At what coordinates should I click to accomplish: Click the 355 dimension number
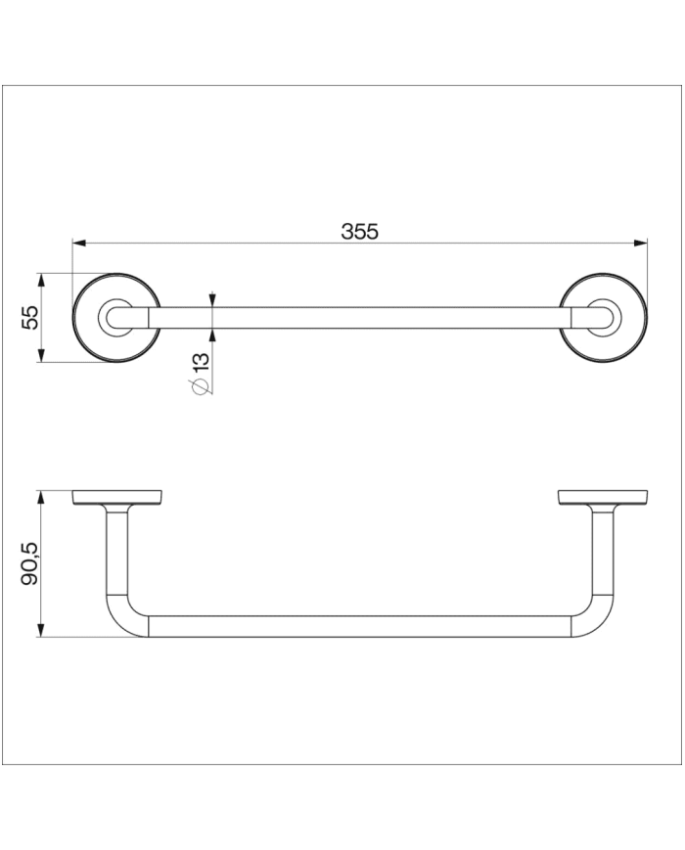pos(359,232)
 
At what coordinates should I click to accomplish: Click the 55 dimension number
pos(30,317)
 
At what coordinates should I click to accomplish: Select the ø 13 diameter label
pos(202,373)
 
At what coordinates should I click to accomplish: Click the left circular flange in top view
pos(116,317)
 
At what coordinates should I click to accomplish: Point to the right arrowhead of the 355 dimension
pos(642,244)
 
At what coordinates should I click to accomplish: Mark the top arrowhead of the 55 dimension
pos(41,279)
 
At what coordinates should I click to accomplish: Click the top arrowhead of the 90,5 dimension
pos(41,497)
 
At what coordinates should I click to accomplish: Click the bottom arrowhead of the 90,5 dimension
pos(41,631)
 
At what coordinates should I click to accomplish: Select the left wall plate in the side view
pos(116,498)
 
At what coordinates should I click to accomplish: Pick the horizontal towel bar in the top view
pos(359,317)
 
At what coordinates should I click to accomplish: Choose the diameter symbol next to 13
pos(201,387)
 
